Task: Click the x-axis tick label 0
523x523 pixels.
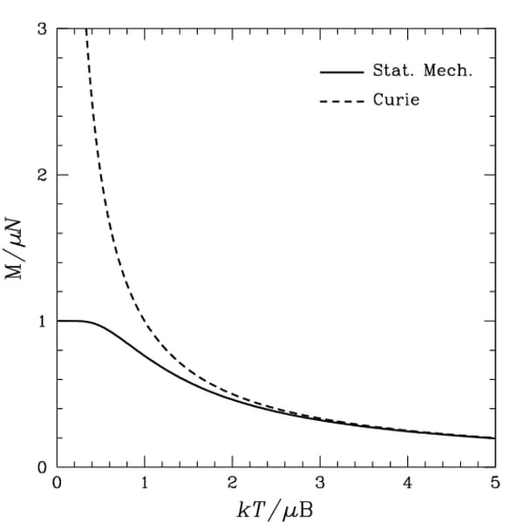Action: coord(58,482)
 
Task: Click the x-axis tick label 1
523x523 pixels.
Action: coord(145,482)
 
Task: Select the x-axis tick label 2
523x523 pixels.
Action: coord(232,482)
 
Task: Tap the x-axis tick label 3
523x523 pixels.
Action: coord(320,482)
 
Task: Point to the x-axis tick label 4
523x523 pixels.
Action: coord(407,482)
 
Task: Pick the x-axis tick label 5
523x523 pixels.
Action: coord(494,482)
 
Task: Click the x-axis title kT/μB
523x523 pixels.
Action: coord(275,509)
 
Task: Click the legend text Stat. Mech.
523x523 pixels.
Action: coord(422,71)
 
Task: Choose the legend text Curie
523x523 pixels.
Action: coord(396,100)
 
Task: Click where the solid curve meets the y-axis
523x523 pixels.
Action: coord(58,321)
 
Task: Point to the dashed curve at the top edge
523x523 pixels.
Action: coord(86,30)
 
